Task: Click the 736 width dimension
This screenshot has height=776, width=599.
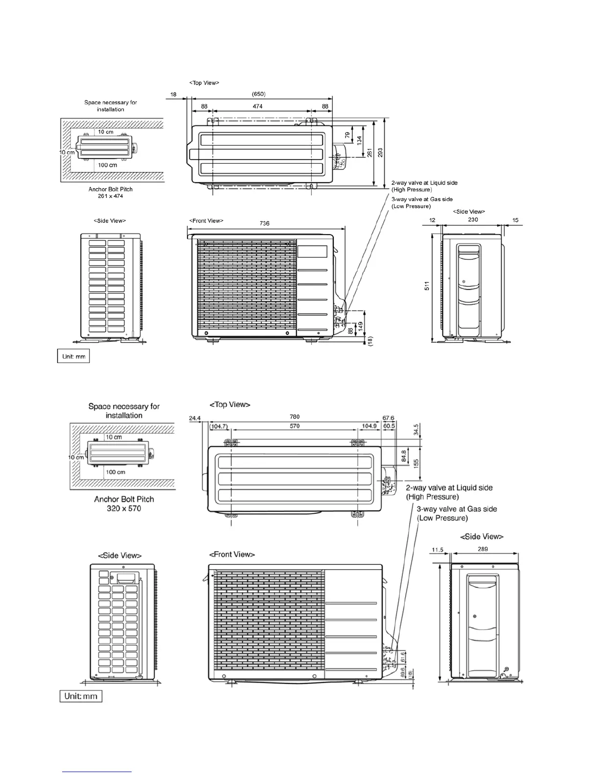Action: pyautogui.click(x=264, y=223)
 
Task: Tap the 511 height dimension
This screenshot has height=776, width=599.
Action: pyautogui.click(x=427, y=286)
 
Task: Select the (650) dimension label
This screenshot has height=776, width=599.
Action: pyautogui.click(x=258, y=94)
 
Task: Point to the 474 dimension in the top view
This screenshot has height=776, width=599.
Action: pyautogui.click(x=258, y=106)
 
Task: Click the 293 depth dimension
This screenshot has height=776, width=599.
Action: pyautogui.click(x=380, y=152)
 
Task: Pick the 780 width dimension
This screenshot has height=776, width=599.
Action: pyautogui.click(x=295, y=417)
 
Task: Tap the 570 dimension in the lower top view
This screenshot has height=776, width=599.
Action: pyautogui.click(x=295, y=426)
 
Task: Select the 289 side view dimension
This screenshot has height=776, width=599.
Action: pyautogui.click(x=483, y=549)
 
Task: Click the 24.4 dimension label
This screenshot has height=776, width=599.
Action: pyautogui.click(x=195, y=418)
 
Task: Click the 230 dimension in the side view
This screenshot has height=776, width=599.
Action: pyautogui.click(x=473, y=220)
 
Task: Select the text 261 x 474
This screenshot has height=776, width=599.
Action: pyautogui.click(x=111, y=196)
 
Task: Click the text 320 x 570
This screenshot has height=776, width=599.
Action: pyautogui.click(x=124, y=509)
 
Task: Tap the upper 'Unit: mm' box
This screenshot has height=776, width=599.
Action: pyautogui.click(x=74, y=356)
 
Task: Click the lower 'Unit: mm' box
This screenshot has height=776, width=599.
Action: pyautogui.click(x=81, y=696)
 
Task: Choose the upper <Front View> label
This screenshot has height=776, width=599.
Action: pyautogui.click(x=207, y=221)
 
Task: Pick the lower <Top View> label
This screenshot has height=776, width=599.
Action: pyautogui.click(x=230, y=405)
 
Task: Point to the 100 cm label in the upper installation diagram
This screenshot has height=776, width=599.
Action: pyautogui.click(x=108, y=165)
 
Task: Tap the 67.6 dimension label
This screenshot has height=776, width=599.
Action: pyautogui.click(x=389, y=418)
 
